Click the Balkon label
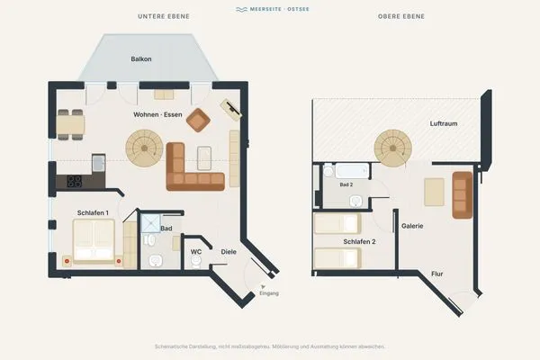(141, 58)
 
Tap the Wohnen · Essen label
(157, 114)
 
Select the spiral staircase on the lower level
(144, 148)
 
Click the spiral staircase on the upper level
(393, 148)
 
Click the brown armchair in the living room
(198, 120)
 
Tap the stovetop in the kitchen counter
(75, 182)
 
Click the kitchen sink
(98, 163)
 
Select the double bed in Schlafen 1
(94, 241)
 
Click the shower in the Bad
(151, 223)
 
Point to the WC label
(196, 252)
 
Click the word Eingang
(269, 293)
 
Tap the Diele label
(229, 252)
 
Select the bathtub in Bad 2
(352, 171)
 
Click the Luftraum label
(444, 123)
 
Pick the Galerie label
(412, 226)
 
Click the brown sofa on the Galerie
(463, 195)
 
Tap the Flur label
(437, 274)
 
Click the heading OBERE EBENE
(401, 16)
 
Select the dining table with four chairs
(70, 125)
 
